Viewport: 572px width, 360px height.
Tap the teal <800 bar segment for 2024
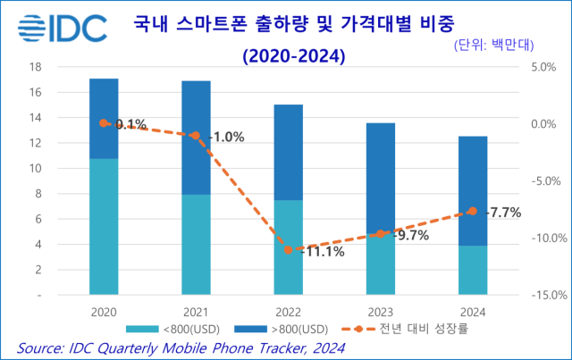[x=473, y=269]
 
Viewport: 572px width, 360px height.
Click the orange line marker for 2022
[x=288, y=250]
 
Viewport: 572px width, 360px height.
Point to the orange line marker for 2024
[x=473, y=211]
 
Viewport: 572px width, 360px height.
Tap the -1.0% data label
[x=225, y=137]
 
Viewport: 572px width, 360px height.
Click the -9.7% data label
[x=410, y=236]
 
